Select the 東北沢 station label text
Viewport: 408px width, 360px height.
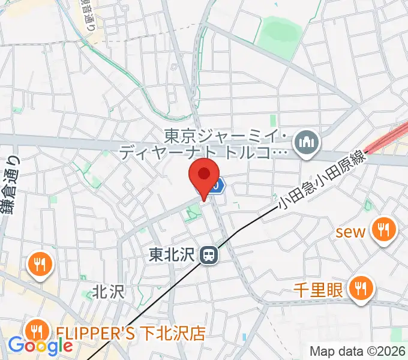(174, 256)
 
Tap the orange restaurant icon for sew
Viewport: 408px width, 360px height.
(382, 229)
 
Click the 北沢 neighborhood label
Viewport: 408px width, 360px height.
(108, 292)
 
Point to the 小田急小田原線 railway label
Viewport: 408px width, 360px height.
(321, 186)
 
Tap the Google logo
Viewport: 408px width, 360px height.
(40, 346)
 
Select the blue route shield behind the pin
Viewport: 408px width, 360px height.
(218, 186)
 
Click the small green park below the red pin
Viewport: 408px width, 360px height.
(193, 212)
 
